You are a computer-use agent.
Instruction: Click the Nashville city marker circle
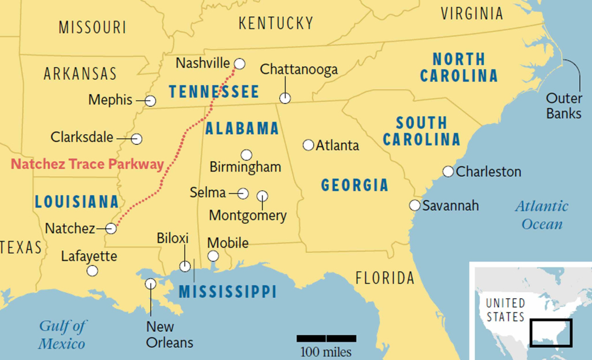239,64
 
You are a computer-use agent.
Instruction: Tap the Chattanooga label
298,70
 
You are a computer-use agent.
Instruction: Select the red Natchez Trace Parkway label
87,164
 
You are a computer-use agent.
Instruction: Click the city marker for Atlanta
308,145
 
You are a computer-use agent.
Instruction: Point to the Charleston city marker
448,172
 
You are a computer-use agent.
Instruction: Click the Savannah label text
450,206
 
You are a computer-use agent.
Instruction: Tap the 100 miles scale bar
326,339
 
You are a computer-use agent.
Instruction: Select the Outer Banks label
563,106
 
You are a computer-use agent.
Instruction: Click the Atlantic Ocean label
542,215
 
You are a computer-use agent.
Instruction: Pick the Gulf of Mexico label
62,335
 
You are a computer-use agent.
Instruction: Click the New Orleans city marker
150,284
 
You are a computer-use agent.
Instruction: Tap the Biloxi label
173,239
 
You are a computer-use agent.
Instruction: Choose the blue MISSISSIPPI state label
227,292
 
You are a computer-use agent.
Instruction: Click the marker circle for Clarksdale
136,139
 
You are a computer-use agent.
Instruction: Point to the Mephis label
110,100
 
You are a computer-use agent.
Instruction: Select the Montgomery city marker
262,196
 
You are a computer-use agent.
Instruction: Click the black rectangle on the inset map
551,333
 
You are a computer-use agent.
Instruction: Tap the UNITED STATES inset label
505,310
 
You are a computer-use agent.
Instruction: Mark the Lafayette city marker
92,270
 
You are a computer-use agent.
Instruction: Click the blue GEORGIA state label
354,185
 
